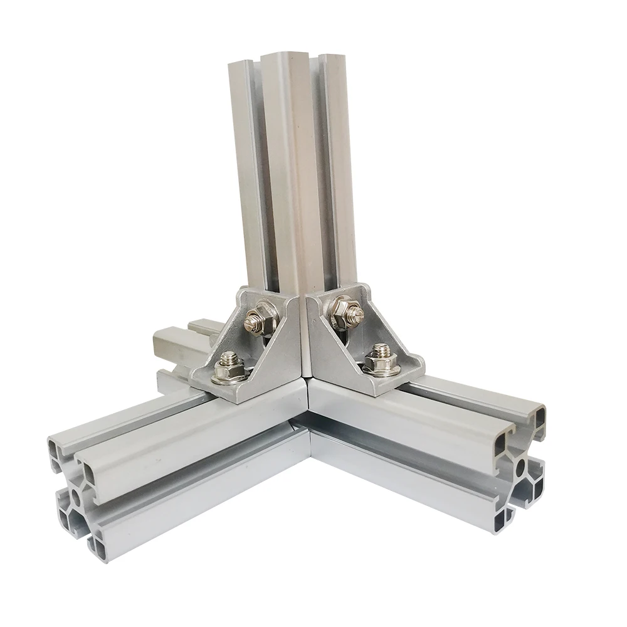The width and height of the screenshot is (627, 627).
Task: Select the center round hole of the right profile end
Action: point(522,468)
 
